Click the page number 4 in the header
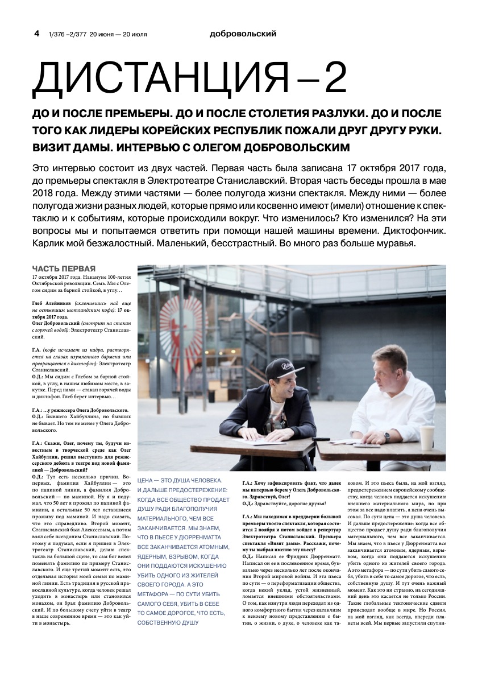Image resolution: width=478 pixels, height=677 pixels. pyautogui.click(x=37, y=34)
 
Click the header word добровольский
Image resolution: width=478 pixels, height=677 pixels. pyautogui.click(x=243, y=34)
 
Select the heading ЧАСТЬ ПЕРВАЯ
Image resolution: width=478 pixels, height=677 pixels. pyautogui.click(x=64, y=269)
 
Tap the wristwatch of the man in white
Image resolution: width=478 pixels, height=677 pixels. pyautogui.click(x=386, y=436)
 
